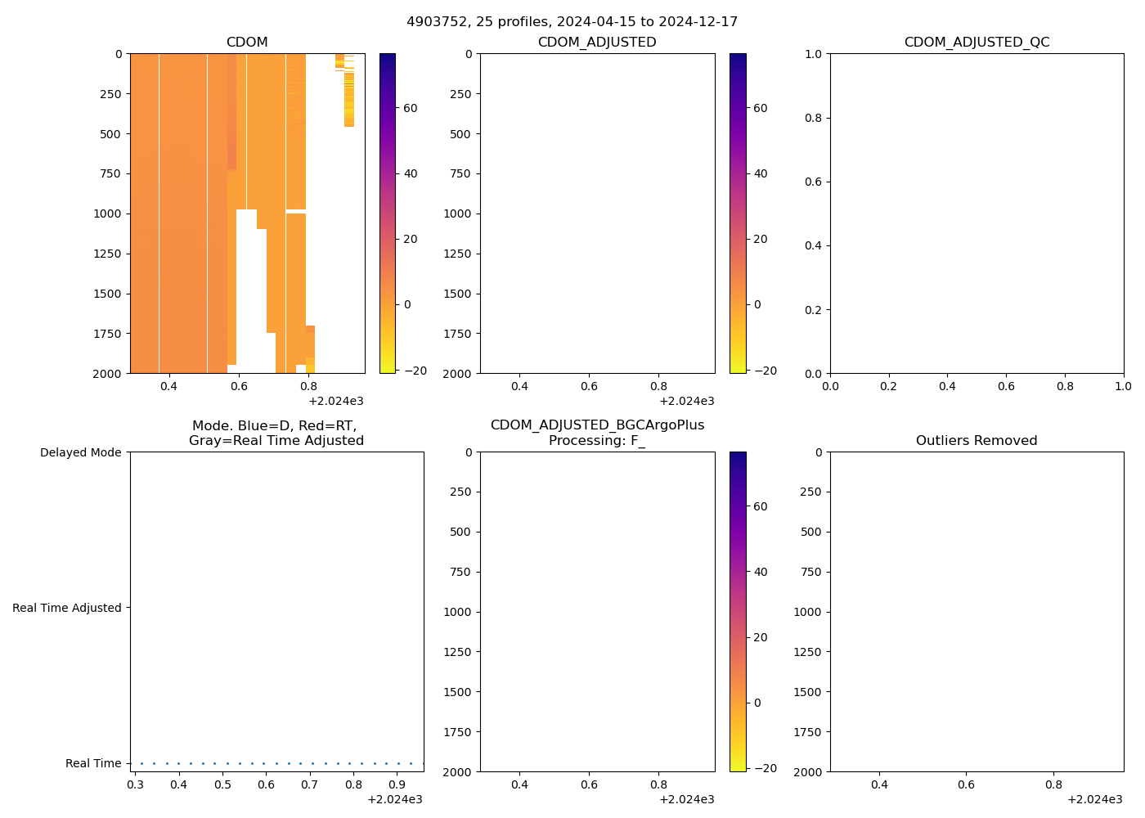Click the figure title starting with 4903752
572,22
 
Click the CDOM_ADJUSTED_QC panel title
977,43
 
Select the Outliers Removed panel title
977,441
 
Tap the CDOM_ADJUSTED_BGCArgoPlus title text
597,425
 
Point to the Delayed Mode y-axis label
80,453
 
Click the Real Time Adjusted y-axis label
67,608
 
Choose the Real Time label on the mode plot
93,763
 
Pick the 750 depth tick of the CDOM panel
110,173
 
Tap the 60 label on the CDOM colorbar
410,108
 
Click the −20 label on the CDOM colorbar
415,371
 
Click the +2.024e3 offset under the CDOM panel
335,401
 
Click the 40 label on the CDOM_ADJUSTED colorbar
760,173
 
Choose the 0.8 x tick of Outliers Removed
1053,785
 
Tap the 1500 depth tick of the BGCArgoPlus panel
457,692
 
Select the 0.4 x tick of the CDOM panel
168,387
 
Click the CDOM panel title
247,43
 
